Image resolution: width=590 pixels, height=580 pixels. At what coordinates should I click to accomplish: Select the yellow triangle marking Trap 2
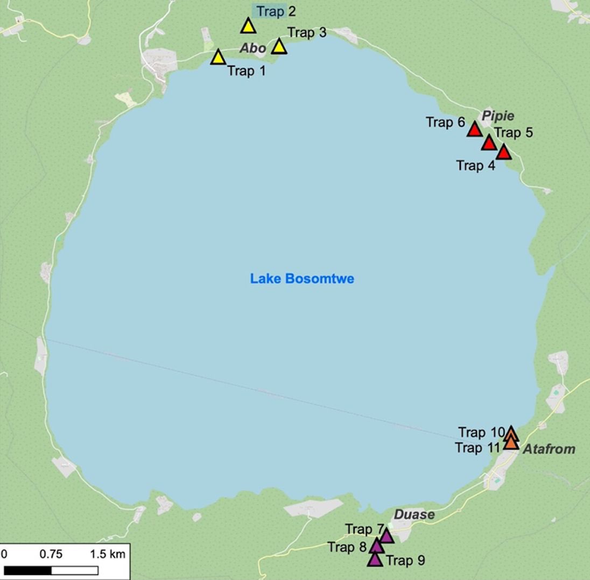248,26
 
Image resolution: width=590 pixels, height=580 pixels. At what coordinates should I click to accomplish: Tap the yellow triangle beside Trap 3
279,47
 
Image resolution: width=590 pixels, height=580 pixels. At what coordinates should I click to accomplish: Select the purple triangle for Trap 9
375,560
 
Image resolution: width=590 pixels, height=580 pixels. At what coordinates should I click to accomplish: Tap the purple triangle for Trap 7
386,536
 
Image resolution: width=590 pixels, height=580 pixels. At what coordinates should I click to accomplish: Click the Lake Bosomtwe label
302,279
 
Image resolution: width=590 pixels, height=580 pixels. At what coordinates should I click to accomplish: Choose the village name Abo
252,48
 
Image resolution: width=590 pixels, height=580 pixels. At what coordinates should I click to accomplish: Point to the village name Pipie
498,116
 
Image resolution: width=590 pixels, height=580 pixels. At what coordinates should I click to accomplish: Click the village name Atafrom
549,449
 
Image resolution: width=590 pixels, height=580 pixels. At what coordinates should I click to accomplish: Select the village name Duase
414,514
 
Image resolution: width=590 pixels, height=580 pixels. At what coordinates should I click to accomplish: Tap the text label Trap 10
481,432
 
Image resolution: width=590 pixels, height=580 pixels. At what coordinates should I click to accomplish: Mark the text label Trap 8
347,547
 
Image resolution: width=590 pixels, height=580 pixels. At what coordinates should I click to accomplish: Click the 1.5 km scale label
107,554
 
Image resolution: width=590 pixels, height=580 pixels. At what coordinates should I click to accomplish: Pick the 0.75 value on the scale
51,554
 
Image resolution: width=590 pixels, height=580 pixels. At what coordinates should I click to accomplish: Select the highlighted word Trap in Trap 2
270,11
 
